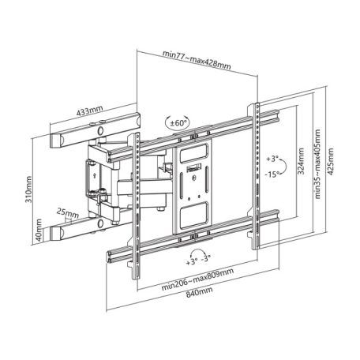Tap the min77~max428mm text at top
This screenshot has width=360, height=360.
point(196,54)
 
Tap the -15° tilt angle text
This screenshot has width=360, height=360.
point(276,174)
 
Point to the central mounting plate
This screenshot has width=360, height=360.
point(192,182)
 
